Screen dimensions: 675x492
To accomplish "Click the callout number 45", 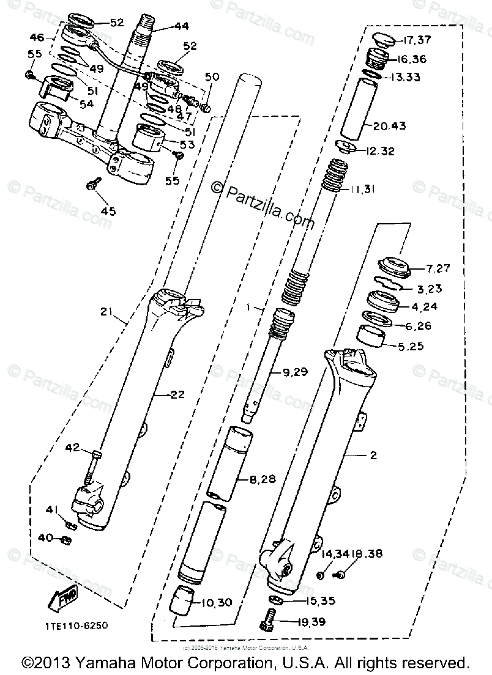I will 108,212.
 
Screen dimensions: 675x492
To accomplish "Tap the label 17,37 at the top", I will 416,41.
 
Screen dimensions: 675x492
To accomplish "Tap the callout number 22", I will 177,394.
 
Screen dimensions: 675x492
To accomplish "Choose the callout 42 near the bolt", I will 73,448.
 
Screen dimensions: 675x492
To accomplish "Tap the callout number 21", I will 108,312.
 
